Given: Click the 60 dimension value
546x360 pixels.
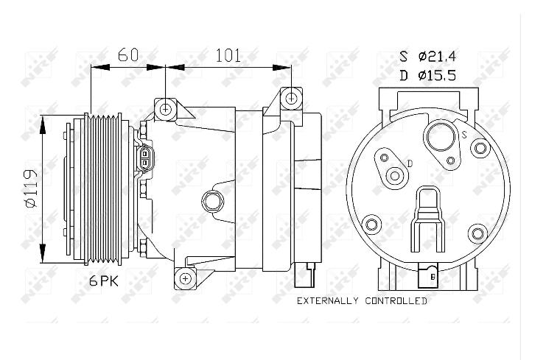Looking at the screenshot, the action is coord(128,55).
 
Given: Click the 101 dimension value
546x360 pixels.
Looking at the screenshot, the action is coord(228,55).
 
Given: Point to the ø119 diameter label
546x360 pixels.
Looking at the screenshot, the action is coord(31,188).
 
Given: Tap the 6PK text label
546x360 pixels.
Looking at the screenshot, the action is coord(104,280).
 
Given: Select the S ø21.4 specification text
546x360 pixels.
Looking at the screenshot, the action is coord(427,56).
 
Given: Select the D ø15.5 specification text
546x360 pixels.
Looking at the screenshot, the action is coord(427,75).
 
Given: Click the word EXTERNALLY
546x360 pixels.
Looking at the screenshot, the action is coord(327,301).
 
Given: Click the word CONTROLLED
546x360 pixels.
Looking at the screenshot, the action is coord(396,301).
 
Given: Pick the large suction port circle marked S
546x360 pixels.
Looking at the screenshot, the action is coord(441,137).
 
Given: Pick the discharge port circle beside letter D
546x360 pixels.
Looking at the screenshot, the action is coord(395,175).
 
